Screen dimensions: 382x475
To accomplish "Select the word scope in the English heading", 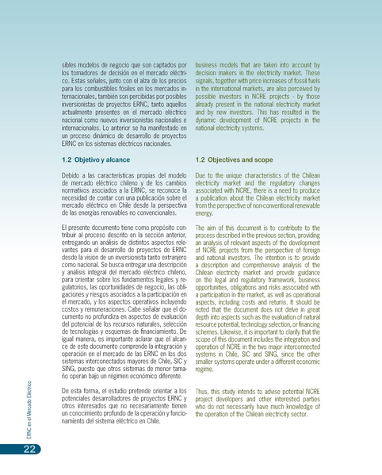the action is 262,159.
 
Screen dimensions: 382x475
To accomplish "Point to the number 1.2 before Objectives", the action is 201,159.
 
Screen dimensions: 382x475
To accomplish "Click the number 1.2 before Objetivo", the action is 67,159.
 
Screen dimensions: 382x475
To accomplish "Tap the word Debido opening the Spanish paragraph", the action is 72,174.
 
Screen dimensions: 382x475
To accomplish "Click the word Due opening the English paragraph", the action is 201,174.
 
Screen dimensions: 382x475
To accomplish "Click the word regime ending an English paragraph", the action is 204,369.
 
